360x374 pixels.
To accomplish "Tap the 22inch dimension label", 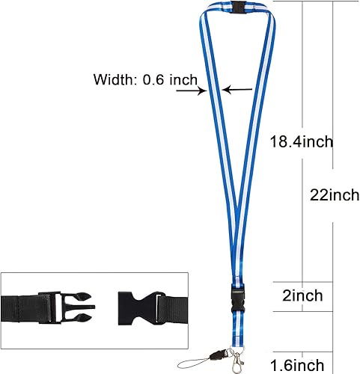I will (x=335, y=195).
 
